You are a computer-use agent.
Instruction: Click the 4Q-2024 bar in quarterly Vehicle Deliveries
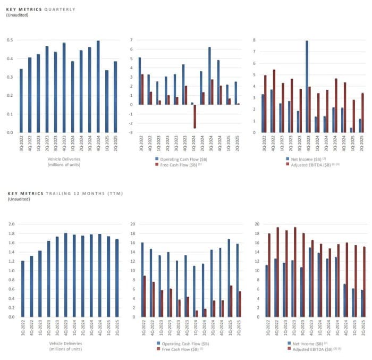[x=98, y=87]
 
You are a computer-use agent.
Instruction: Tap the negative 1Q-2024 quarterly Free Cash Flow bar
[x=195, y=116]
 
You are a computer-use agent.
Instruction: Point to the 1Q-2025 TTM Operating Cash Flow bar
[x=229, y=278]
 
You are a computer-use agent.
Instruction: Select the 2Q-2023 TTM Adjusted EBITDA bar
[x=295, y=272]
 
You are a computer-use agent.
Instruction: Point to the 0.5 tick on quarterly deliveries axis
[x=10, y=40]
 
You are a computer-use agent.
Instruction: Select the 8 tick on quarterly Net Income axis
[x=256, y=40]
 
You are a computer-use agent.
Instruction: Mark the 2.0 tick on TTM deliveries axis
[x=11, y=224]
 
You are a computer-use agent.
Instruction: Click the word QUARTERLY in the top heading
[x=60, y=10]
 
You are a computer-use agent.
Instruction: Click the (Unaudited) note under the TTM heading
[x=18, y=199]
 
